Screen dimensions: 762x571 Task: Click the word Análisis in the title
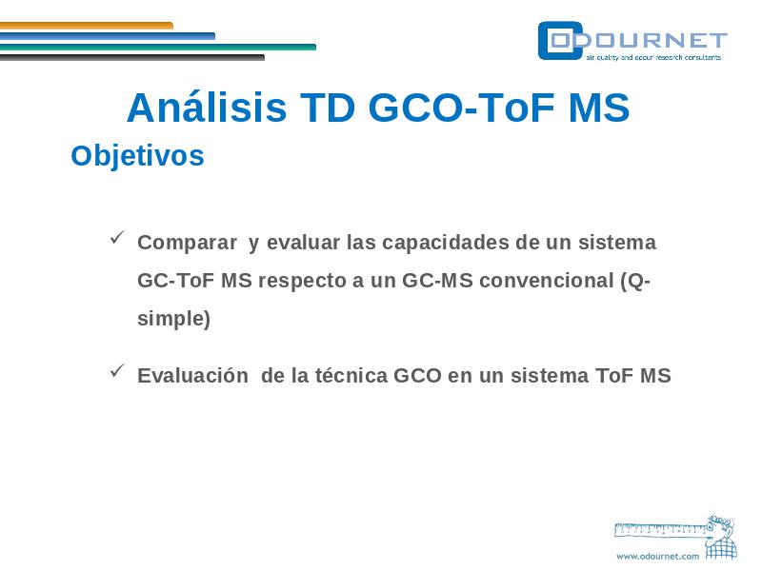pos(207,107)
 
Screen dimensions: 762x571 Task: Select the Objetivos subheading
pos(137,156)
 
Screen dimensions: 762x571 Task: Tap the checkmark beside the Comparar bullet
pos(117,237)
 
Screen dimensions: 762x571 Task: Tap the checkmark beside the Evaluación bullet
pos(117,370)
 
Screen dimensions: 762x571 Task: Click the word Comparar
pos(187,243)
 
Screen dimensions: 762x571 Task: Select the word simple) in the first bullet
pos(174,319)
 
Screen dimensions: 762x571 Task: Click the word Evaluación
pos(193,375)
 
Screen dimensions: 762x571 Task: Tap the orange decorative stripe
pos(87,26)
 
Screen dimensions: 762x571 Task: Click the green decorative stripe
pos(158,47)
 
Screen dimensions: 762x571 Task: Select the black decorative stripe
pos(132,58)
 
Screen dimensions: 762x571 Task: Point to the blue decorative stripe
pos(108,36)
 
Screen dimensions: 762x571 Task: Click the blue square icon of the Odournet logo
pos(560,41)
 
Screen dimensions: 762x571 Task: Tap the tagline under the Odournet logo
pos(653,57)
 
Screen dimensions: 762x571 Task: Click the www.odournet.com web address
pos(657,557)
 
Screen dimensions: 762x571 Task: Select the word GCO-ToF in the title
pos(462,108)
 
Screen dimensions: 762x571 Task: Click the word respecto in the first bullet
pos(305,281)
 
